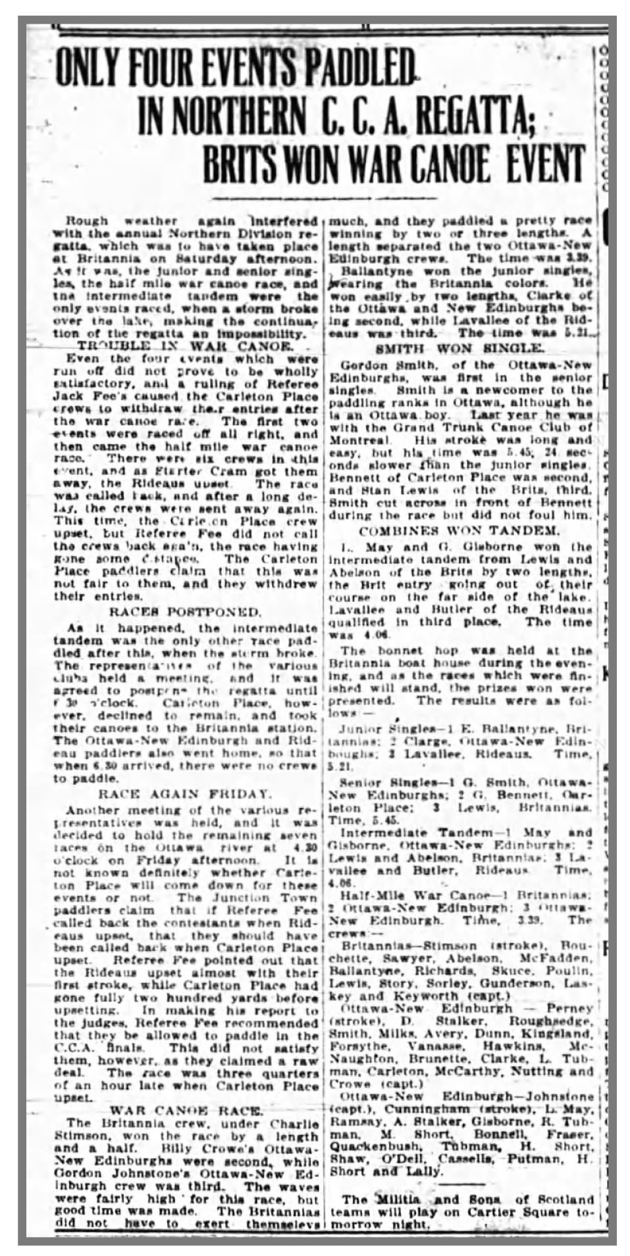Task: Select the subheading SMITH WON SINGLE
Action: pyautogui.click(x=460, y=346)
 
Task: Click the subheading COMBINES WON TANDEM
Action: pyautogui.click(x=459, y=531)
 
